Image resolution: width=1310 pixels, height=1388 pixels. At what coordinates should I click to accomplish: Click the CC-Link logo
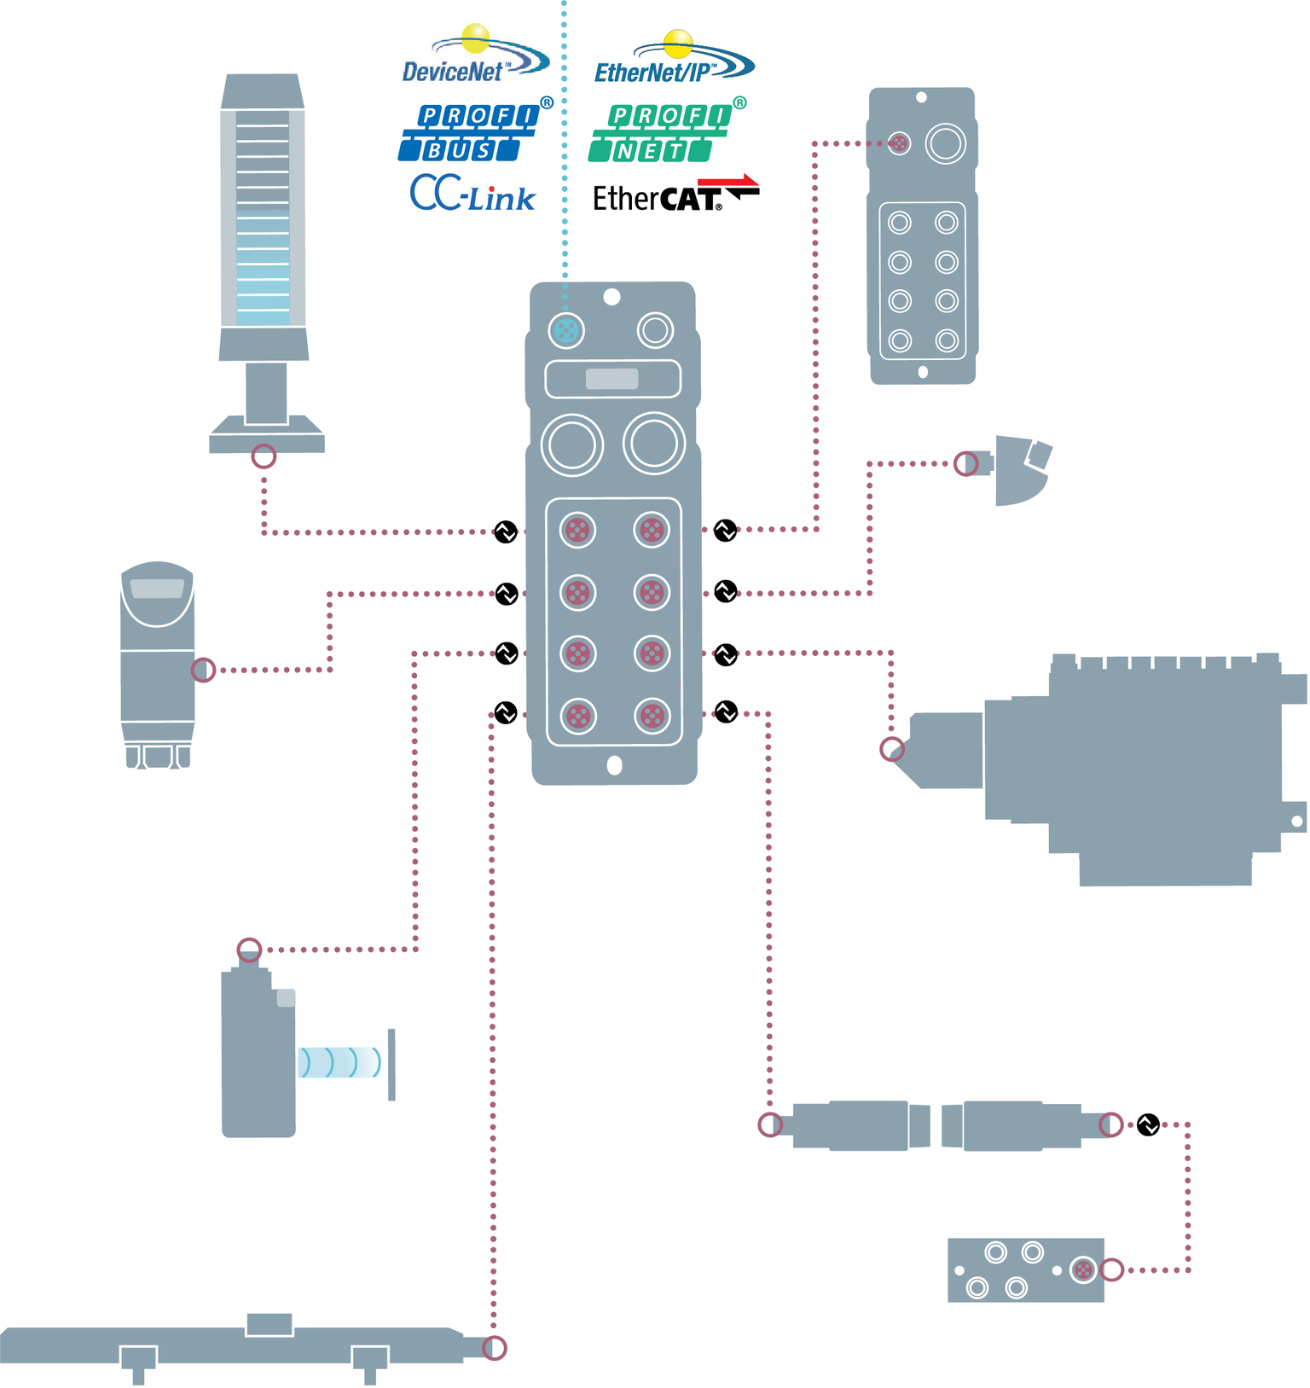(x=472, y=195)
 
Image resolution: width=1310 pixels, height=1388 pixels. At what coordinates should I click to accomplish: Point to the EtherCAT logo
(x=674, y=195)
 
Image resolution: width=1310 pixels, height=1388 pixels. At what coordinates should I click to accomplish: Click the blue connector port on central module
(x=566, y=330)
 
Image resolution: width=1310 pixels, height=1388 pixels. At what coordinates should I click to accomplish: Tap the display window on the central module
(x=612, y=379)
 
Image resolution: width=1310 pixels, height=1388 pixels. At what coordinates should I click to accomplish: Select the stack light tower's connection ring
(x=264, y=456)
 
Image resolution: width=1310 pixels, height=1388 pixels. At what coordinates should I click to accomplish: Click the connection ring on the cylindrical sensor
(x=203, y=670)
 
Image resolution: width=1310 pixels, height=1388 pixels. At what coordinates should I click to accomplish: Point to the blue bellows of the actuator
(x=339, y=1062)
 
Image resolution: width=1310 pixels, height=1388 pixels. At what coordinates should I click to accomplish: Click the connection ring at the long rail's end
(x=495, y=1348)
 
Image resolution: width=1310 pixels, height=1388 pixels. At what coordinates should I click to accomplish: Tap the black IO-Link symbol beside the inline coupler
(x=1149, y=1125)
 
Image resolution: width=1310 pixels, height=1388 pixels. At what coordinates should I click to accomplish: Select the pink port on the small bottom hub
(x=1083, y=1270)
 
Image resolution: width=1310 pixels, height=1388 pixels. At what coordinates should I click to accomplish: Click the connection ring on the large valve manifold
(x=892, y=750)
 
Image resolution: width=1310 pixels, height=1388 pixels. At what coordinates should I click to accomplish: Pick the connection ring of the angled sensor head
(x=965, y=464)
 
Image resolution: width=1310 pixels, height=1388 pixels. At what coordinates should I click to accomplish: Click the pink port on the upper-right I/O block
(x=898, y=143)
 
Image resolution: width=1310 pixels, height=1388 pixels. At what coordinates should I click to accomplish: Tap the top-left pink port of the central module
(x=577, y=531)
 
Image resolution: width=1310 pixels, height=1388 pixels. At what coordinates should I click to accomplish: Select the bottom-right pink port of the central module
(x=652, y=717)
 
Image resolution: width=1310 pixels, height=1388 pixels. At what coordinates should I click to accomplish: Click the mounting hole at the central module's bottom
(x=614, y=766)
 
